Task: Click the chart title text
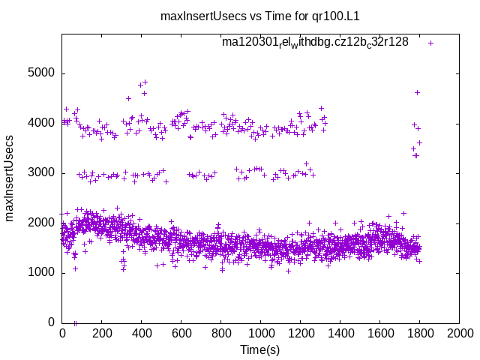coord(240,16)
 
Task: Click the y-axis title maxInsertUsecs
coord(10,178)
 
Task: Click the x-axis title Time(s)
coord(259,350)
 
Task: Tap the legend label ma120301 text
coord(315,43)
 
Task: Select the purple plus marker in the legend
coord(430,43)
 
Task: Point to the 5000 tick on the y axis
coord(41,73)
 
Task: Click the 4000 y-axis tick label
coord(41,123)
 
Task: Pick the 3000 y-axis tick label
coord(41,172)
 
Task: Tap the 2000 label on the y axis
coord(41,223)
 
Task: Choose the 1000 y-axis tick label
coord(41,272)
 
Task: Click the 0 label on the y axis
coord(51,322)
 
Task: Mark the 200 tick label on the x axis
coord(101,334)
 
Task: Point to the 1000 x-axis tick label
coord(260,334)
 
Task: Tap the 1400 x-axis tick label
coord(340,334)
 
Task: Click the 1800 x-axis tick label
coord(419,334)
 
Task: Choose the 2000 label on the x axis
coord(459,334)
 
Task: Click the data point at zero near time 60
coord(74,322)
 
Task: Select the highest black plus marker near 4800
coord(145,82)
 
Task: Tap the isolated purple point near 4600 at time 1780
coord(417,93)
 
